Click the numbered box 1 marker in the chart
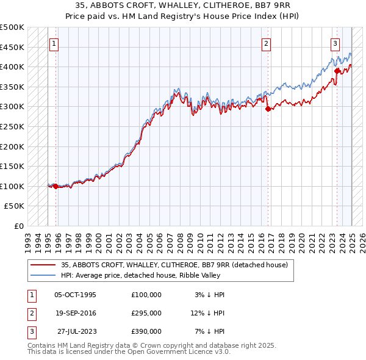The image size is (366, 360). [54, 43]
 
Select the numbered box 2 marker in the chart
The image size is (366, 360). [267, 43]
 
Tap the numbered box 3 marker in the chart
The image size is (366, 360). [335, 43]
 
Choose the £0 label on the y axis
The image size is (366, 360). [19, 226]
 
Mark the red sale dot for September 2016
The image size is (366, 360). [268, 109]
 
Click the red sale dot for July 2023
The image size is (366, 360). [337, 71]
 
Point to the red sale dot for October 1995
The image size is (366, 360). [56, 186]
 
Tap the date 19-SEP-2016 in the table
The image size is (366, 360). [76, 313]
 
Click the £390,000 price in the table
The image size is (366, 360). [146, 331]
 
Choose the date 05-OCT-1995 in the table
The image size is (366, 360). [76, 295]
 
